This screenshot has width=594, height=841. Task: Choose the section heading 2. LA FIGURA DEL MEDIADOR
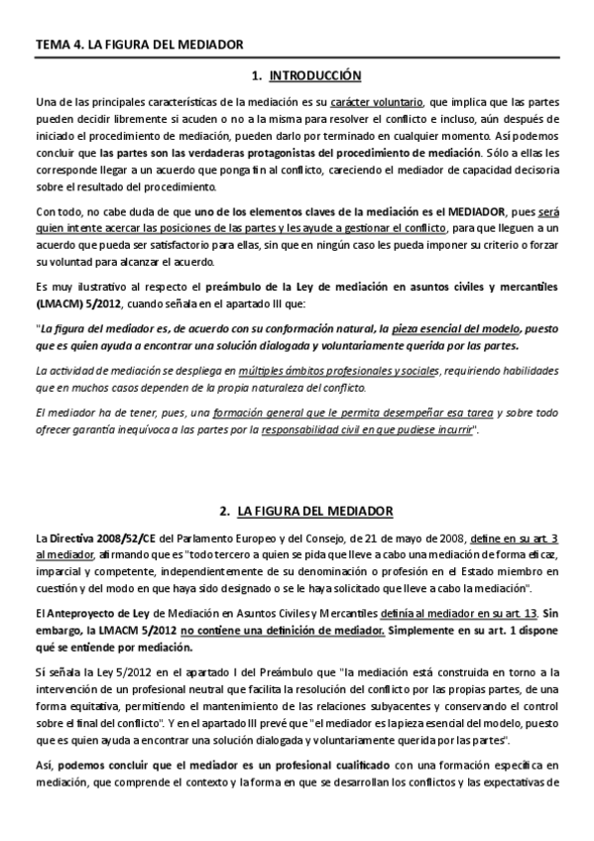point(301,512)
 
